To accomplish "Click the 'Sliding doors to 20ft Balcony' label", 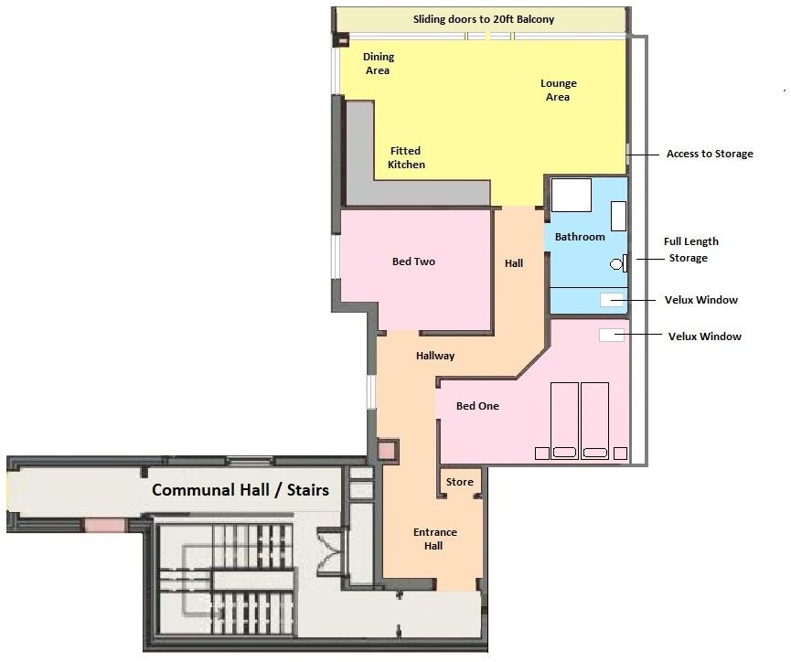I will click(483, 19).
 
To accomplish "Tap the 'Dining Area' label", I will click(378, 64).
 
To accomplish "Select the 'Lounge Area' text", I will click(558, 91).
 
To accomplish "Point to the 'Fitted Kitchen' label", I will click(406, 158).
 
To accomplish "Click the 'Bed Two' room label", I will click(413, 262).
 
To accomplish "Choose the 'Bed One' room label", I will click(477, 406).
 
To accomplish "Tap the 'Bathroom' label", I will click(580, 237).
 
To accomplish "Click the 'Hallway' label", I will click(435, 356).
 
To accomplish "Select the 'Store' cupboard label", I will click(460, 482).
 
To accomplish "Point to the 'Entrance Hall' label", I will click(434, 539).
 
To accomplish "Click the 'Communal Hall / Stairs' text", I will click(241, 490).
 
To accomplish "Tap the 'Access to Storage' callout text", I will click(710, 154).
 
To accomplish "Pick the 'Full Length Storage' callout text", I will click(690, 250).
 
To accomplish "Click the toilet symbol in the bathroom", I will click(617, 264).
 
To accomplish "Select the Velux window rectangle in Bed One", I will click(611, 336).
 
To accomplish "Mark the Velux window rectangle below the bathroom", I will click(612, 299).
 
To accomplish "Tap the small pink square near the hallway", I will click(388, 450).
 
